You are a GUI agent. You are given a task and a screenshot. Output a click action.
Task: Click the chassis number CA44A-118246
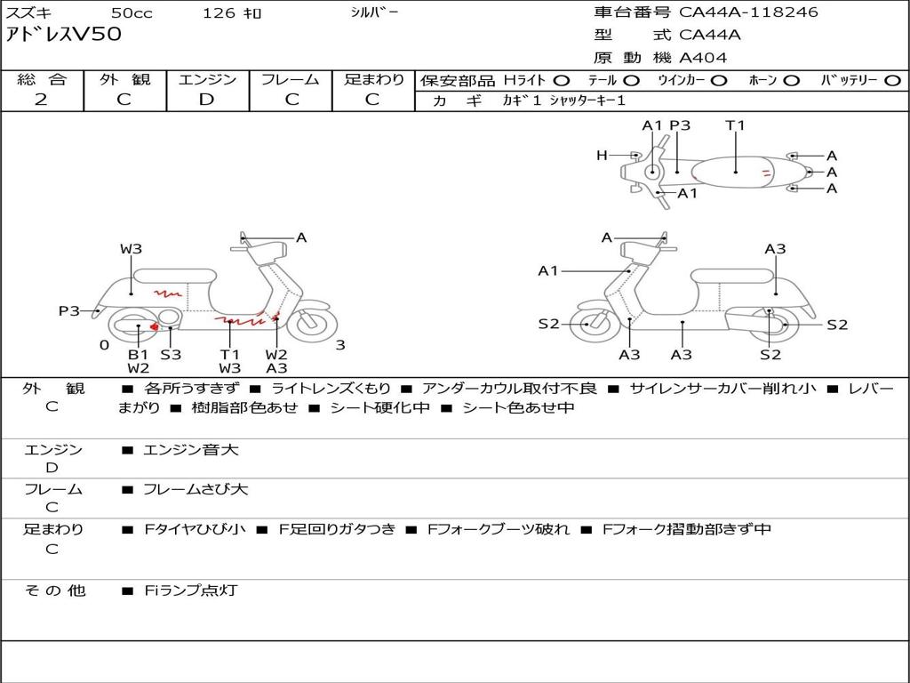pyautogui.click(x=748, y=12)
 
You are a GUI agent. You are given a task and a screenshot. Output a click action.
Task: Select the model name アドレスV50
pyautogui.click(x=63, y=35)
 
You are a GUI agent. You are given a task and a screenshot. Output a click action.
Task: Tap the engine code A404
pyautogui.click(x=703, y=58)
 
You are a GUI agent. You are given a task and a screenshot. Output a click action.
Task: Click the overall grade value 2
pyautogui.click(x=41, y=100)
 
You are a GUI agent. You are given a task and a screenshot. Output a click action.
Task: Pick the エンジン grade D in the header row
pyautogui.click(x=206, y=100)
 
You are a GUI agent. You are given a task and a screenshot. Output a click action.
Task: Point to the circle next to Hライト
pyautogui.click(x=562, y=81)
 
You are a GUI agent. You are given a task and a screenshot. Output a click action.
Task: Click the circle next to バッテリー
pyautogui.click(x=892, y=81)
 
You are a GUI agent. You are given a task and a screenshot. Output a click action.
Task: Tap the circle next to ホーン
pyautogui.click(x=792, y=81)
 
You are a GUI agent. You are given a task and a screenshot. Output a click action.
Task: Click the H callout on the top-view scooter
pyautogui.click(x=602, y=155)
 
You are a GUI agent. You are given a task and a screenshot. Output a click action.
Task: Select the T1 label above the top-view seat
pyautogui.click(x=735, y=125)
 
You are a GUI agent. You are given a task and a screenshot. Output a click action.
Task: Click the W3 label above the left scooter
pyautogui.click(x=132, y=249)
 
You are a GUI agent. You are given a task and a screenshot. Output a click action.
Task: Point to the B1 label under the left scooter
pyautogui.click(x=138, y=354)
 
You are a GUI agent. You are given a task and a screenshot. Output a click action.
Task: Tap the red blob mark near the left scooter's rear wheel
pyautogui.click(x=155, y=327)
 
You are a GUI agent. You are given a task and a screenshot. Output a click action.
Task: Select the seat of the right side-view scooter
pyautogui.click(x=733, y=277)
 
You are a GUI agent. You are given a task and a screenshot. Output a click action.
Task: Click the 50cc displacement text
pyautogui.click(x=132, y=12)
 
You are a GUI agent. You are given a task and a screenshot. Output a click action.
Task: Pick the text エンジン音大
pyautogui.click(x=191, y=449)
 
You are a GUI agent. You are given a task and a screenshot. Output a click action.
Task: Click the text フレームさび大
pyautogui.click(x=196, y=490)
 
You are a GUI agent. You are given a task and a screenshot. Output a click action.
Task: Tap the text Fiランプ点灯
pyautogui.click(x=191, y=591)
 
